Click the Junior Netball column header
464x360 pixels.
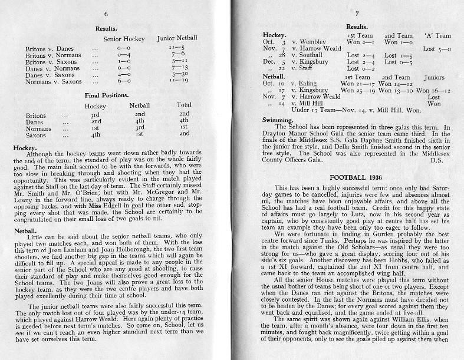(x=177, y=38)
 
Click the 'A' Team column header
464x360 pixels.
(x=437, y=35)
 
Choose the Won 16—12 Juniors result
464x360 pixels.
(x=433, y=90)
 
